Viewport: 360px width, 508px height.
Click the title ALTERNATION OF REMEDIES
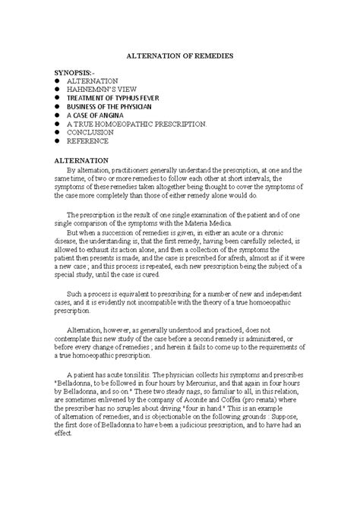(180, 57)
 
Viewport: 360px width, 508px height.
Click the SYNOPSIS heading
(79, 71)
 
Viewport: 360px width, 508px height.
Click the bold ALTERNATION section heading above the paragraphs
(84, 162)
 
